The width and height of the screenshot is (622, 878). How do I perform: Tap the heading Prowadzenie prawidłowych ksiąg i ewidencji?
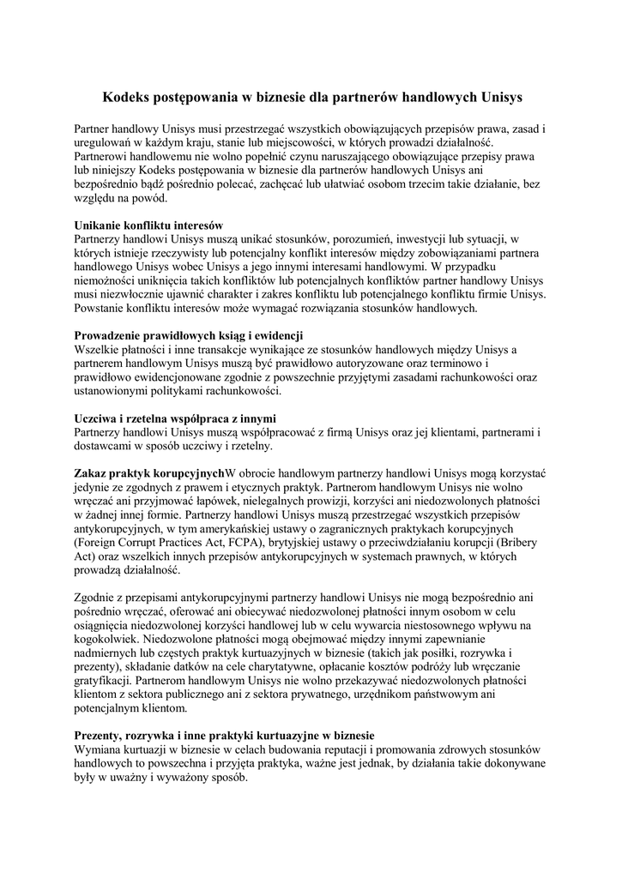[x=189, y=334]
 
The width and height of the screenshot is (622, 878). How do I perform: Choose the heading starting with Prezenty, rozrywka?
[x=224, y=736]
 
